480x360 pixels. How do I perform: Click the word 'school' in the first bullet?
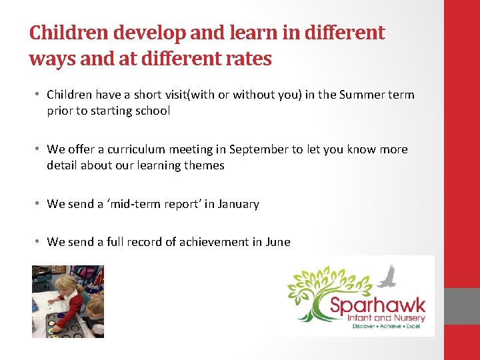click(151, 111)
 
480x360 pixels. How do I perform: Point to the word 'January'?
click(237, 204)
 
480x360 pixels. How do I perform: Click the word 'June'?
click(277, 242)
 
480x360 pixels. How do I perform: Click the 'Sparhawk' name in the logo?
click(377, 307)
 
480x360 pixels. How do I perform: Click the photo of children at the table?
click(68, 301)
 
